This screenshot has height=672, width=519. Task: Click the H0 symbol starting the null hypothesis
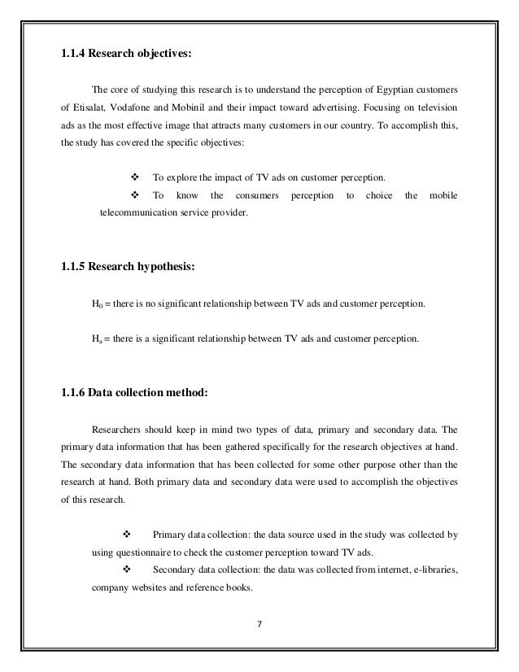click(x=97, y=304)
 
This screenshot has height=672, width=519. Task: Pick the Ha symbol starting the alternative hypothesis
click(x=97, y=334)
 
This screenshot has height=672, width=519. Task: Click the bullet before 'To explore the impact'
click(x=136, y=177)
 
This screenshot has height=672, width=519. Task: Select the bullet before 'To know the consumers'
click(x=136, y=196)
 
